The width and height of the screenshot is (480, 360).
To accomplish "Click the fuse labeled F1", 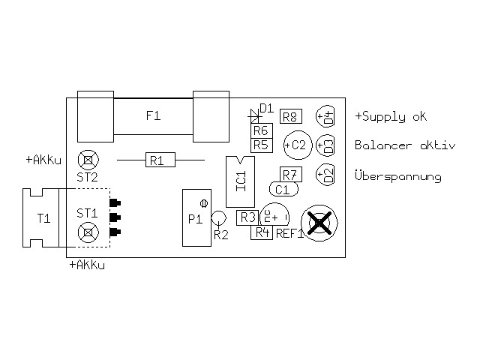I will [x=153, y=115].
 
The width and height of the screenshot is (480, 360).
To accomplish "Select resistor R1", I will [x=157, y=160].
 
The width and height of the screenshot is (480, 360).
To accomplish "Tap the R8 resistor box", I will [x=291, y=116].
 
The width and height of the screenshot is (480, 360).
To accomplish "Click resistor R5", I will [x=260, y=145].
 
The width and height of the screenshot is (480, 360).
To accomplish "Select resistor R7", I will [x=291, y=175].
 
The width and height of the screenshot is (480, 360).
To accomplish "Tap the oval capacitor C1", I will [x=283, y=189].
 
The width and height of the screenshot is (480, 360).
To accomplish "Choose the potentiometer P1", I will [x=196, y=217].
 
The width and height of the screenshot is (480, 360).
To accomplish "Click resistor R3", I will [x=247, y=217].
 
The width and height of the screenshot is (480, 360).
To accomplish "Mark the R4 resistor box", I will [x=262, y=232].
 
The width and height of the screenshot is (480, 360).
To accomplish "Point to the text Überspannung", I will [x=397, y=177].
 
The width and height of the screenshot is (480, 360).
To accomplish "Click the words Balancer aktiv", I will [x=404, y=145].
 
